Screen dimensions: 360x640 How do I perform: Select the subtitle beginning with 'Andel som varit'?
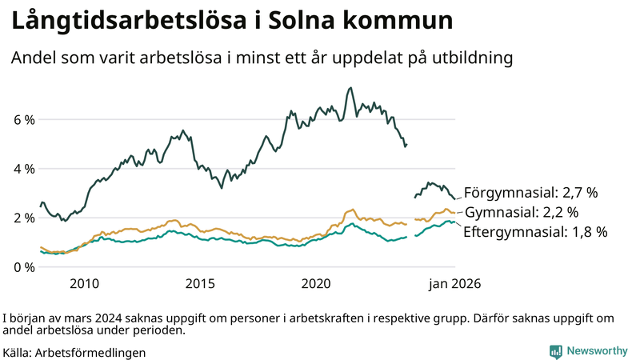pyautogui.click(x=261, y=58)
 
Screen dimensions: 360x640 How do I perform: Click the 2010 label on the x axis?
pyautogui.click(x=84, y=283)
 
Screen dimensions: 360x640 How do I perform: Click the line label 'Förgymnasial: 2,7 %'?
pyautogui.click(x=531, y=193)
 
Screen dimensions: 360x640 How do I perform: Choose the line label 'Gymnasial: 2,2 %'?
pyautogui.click(x=521, y=212)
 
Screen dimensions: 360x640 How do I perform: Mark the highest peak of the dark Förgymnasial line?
pyautogui.click(x=350, y=88)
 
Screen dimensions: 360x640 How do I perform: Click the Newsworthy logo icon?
pyautogui.click(x=555, y=351)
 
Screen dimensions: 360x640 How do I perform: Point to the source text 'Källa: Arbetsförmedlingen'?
pyautogui.click(x=74, y=352)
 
